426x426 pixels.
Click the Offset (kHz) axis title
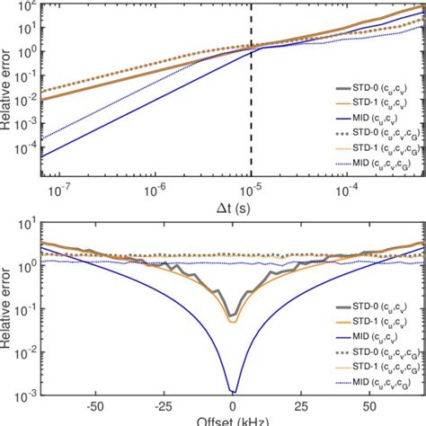(232, 420)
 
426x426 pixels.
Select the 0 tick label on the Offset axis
(233, 405)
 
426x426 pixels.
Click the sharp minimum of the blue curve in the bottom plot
(233, 392)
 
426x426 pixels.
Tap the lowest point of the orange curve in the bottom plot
(233, 322)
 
